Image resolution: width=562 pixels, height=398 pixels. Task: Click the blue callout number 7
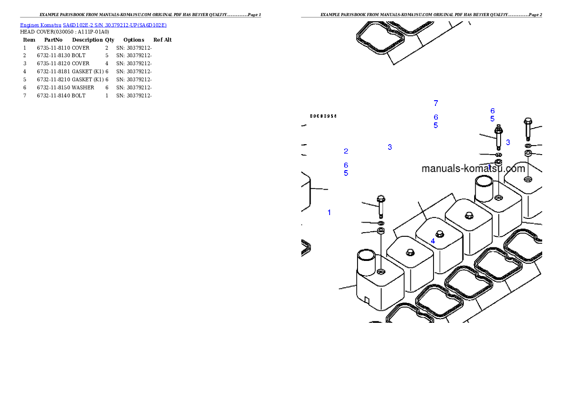pyautogui.click(x=435, y=103)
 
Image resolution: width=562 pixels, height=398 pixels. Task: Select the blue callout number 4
pyautogui.click(x=433, y=241)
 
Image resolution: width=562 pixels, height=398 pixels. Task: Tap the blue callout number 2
pyautogui.click(x=346, y=151)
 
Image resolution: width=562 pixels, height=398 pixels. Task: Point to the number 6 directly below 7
pyautogui.click(x=435, y=117)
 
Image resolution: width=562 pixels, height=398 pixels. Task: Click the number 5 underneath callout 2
pyautogui.click(x=346, y=173)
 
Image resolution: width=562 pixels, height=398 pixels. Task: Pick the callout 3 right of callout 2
pyautogui.click(x=390, y=147)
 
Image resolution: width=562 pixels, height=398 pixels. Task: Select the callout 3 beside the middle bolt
pyautogui.click(x=508, y=142)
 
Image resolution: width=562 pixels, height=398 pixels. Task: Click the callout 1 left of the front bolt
pyautogui.click(x=329, y=212)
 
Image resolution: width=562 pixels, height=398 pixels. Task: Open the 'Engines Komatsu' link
pyautogui.click(x=41, y=25)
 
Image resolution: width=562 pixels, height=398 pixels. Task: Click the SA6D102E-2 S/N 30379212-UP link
pyautogui.click(x=115, y=25)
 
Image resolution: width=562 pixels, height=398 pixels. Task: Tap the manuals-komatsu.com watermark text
pyautogui.click(x=473, y=169)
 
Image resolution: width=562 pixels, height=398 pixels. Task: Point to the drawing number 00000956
pyautogui.click(x=323, y=116)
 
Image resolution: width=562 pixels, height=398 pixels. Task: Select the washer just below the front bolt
pyautogui.click(x=381, y=223)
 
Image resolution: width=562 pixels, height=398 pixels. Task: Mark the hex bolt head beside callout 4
pyautogui.click(x=439, y=234)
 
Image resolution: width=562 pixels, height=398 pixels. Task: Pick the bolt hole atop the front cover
pyautogui.click(x=381, y=272)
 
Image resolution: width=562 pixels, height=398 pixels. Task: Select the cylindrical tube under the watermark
pyautogui.click(x=484, y=188)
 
